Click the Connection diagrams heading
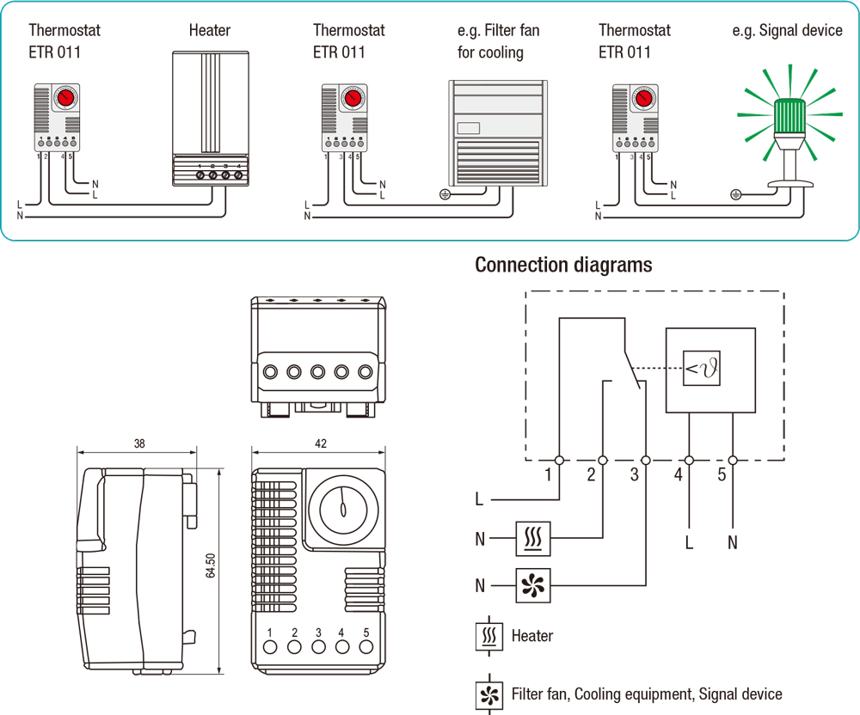click(x=563, y=265)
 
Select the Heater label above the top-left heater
click(x=210, y=30)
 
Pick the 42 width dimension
click(x=320, y=444)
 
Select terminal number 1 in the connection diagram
click(x=548, y=474)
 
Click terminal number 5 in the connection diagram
click(x=721, y=474)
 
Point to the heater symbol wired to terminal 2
click(x=532, y=539)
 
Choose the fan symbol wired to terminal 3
click(x=532, y=586)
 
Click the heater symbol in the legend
click(x=490, y=637)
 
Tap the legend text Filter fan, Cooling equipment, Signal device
click(x=647, y=694)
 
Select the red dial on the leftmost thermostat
click(x=65, y=98)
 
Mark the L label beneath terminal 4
click(x=689, y=542)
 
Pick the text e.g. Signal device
click(x=787, y=30)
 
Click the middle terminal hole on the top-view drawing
click(x=317, y=372)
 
